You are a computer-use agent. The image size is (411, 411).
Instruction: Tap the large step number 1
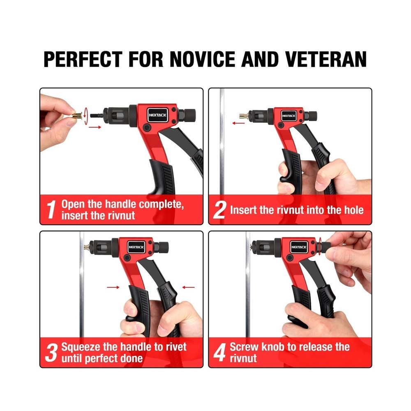(51, 210)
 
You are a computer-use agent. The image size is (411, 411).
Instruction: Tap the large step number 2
(220, 210)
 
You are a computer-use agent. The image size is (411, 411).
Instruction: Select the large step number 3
(51, 353)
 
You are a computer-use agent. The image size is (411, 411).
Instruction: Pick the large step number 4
(220, 353)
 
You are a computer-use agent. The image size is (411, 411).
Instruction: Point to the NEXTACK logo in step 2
(289, 116)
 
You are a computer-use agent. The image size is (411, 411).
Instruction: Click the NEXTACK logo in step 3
(136, 247)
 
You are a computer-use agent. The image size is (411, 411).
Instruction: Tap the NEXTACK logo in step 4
(299, 247)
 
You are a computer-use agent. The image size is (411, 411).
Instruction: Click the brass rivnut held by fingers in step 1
(75, 115)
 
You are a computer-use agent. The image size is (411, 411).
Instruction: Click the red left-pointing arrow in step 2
(236, 122)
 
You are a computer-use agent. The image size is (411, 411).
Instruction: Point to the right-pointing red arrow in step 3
(113, 287)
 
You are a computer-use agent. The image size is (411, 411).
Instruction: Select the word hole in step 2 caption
(352, 210)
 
